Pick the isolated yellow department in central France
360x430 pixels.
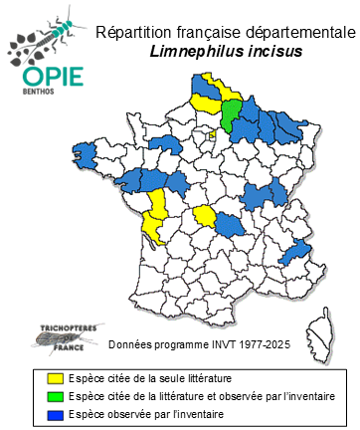pyautogui.click(x=204, y=216)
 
